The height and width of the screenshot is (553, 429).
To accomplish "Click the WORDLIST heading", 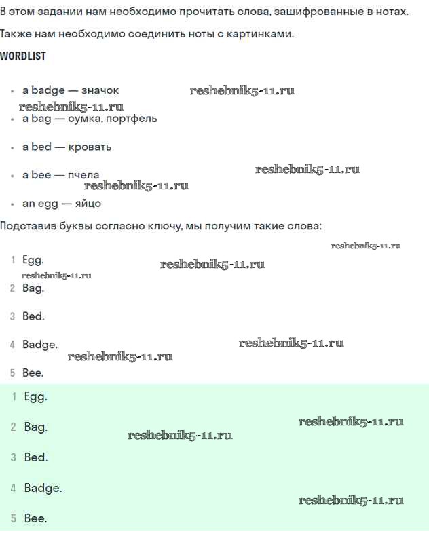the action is (x=23, y=56).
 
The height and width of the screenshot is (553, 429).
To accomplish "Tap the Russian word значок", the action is (x=100, y=90).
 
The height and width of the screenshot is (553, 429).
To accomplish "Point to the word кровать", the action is (x=90, y=147).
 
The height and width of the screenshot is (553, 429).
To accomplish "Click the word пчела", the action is (x=83, y=175).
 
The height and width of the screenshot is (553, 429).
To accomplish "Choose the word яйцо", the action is (x=88, y=204).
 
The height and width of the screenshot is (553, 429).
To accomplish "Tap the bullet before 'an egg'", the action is (x=12, y=204).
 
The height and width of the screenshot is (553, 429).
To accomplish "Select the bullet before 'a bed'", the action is (x=12, y=148).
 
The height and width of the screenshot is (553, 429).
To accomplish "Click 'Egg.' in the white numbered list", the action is (x=33, y=261).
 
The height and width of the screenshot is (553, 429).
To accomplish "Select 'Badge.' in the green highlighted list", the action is (x=43, y=488).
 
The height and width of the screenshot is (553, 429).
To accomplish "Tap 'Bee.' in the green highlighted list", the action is (x=35, y=518).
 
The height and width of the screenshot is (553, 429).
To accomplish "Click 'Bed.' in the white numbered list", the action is (x=33, y=316).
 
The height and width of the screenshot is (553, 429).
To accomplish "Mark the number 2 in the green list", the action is (x=14, y=427).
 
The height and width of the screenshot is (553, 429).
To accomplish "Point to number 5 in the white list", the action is (x=13, y=373).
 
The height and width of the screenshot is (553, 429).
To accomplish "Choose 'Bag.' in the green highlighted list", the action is (x=35, y=427).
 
